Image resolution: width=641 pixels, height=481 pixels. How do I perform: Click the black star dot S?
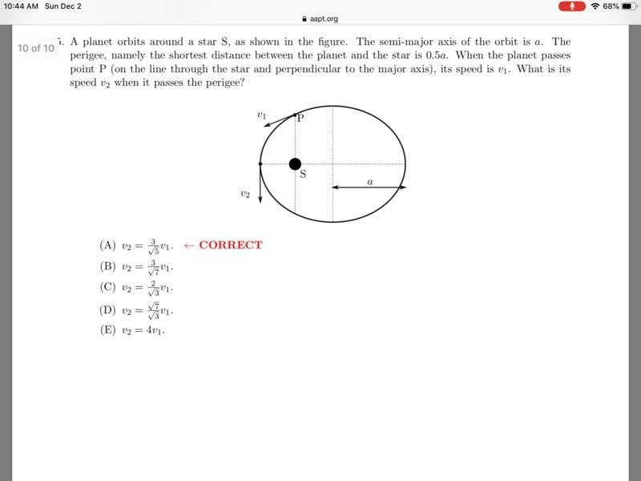pyautogui.click(x=295, y=164)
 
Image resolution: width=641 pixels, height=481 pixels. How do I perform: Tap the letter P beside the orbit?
pyautogui.click(x=300, y=118)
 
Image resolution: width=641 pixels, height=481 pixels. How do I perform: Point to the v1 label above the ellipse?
pyautogui.click(x=261, y=115)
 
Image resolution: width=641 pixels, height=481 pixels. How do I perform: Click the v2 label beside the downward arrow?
pyautogui.click(x=244, y=193)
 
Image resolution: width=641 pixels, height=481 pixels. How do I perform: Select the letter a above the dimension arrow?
pyautogui.click(x=369, y=182)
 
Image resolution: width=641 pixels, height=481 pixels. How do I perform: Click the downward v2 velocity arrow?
pyautogui.click(x=261, y=184)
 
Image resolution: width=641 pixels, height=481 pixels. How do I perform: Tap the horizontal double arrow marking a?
pyautogui.click(x=369, y=187)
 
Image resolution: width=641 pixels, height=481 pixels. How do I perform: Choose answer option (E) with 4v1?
pyautogui.click(x=133, y=329)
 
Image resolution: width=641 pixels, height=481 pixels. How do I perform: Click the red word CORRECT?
pyautogui.click(x=230, y=245)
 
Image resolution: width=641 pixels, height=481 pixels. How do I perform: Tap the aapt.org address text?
pyautogui.click(x=324, y=18)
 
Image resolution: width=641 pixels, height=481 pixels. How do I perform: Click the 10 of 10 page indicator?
pyautogui.click(x=36, y=48)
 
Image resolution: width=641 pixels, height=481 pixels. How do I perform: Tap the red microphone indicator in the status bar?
pyautogui.click(x=572, y=6)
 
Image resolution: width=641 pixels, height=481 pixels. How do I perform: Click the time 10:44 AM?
pyautogui.click(x=21, y=6)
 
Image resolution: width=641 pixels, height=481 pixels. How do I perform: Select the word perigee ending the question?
pyautogui.click(x=226, y=83)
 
